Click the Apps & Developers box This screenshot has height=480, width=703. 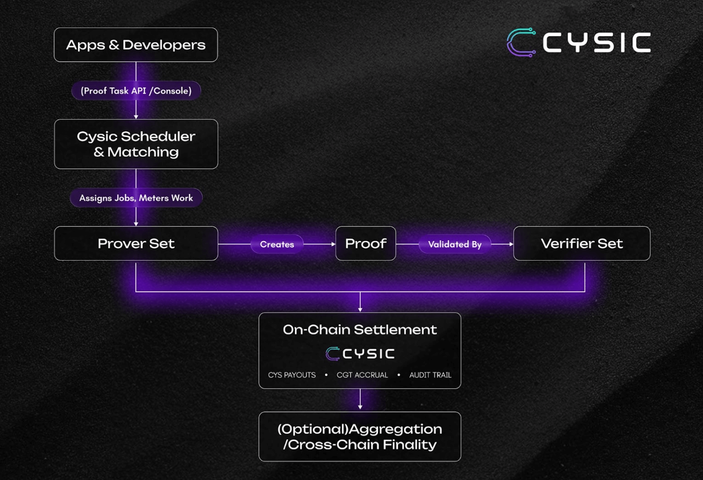[135, 45]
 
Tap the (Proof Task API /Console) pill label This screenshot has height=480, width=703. [136, 91]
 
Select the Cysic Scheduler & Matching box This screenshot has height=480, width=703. [136, 144]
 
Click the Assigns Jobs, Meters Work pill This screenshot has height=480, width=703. [136, 198]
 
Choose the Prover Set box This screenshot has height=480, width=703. [136, 243]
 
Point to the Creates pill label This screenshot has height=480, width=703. [277, 244]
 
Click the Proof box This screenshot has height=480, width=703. [365, 243]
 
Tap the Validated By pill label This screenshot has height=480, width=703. [455, 244]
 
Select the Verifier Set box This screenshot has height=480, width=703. [582, 243]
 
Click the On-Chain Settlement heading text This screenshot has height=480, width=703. [360, 329]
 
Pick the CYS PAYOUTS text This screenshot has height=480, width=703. [292, 375]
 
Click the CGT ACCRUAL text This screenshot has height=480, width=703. [362, 375]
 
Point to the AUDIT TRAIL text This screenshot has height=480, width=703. [430, 375]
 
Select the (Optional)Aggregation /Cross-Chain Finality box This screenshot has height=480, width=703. [360, 436]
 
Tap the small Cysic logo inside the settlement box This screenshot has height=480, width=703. [360, 353]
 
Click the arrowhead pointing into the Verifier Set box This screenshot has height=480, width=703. [511, 244]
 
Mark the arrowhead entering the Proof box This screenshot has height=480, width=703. [333, 244]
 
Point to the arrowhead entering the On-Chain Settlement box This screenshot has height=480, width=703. [360, 309]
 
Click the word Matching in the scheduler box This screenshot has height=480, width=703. [143, 152]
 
